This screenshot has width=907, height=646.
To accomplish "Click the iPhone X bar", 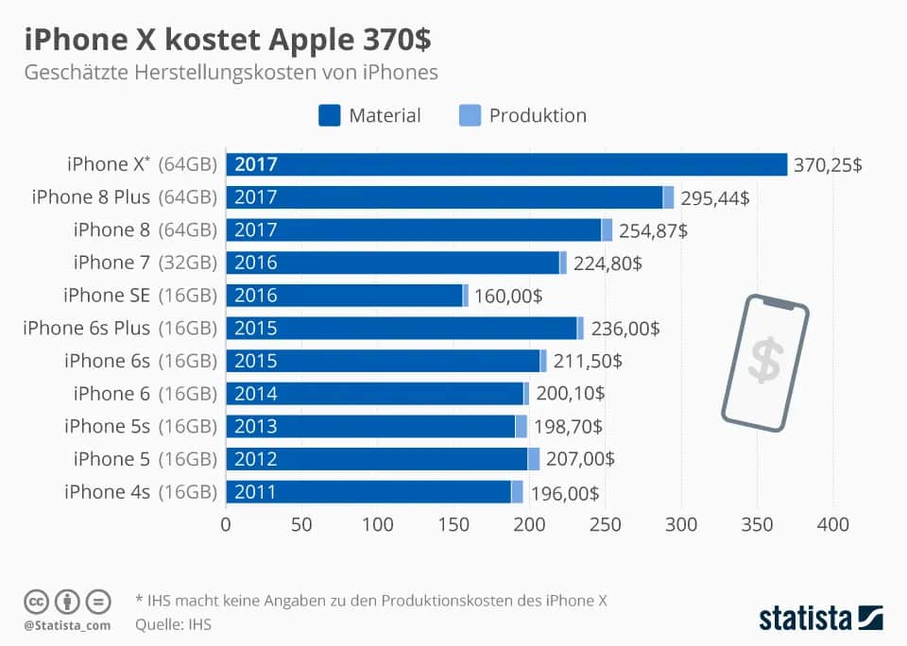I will (x=506, y=164).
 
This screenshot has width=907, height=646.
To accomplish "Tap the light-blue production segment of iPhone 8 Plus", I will (x=668, y=197).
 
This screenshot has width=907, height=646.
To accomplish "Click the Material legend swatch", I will (x=328, y=115).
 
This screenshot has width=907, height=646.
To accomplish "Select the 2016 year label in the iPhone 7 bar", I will (x=256, y=263).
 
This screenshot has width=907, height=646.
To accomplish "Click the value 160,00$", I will (x=508, y=296).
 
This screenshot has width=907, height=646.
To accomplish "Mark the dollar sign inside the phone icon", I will (x=764, y=362).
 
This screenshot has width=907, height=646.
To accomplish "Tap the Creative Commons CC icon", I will (x=36, y=602).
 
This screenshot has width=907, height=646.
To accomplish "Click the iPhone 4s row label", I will (x=107, y=492).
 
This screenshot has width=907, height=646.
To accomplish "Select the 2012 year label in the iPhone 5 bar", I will (x=256, y=459).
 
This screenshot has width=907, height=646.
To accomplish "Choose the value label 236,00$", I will (x=625, y=328).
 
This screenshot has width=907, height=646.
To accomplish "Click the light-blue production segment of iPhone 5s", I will (x=521, y=427).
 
